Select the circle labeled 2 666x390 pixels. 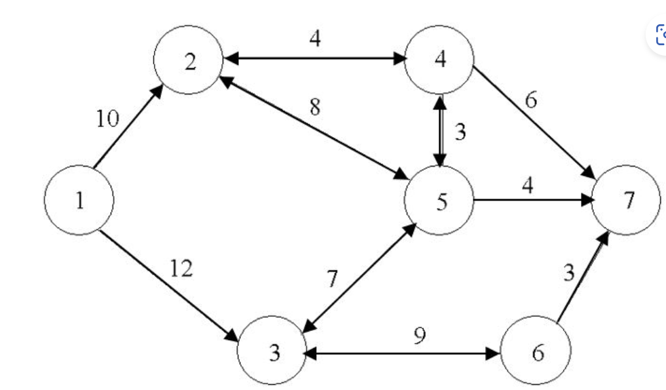pos(189,60)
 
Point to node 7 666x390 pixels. pos(627,201)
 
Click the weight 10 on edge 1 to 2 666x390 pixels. pos(108,119)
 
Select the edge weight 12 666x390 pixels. pos(181,269)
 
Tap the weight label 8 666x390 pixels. pos(315,107)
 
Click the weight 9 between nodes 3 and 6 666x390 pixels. pos(419,336)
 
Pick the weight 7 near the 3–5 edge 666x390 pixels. pos(332,279)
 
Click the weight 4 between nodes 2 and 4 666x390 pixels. pos(315,39)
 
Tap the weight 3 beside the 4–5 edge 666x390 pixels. pos(460,133)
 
